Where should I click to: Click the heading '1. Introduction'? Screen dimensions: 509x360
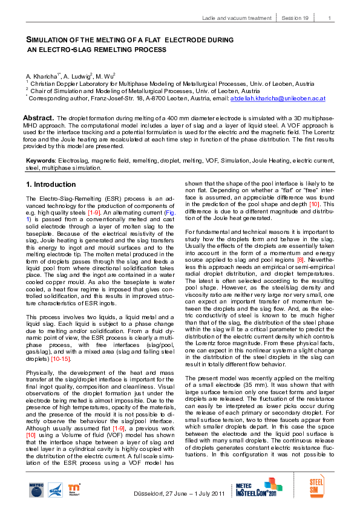[x=51, y=184]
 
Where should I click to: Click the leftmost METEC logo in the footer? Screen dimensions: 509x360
[x=36, y=490]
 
